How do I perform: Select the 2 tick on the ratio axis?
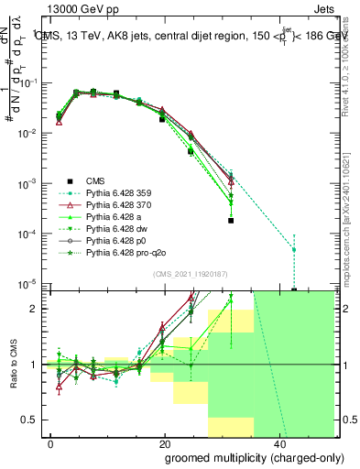tap(34, 309)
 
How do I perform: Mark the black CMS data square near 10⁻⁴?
tap(231, 221)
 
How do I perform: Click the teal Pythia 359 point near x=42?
tap(294, 249)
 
